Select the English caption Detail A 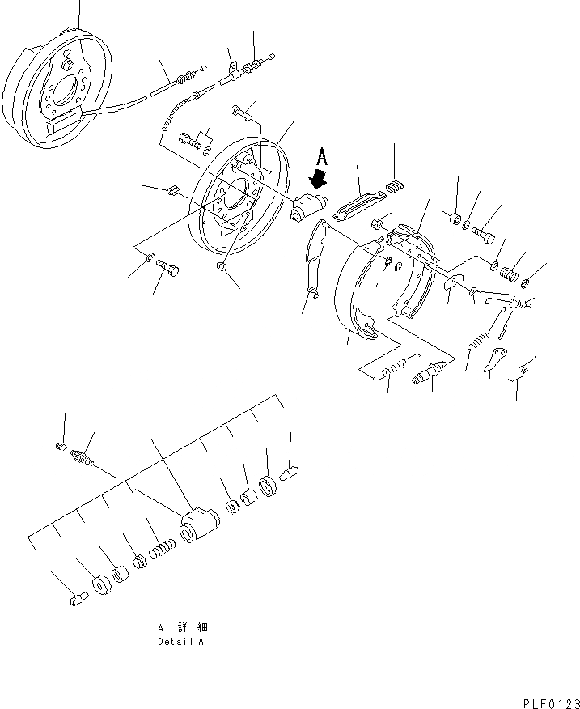coord(180,641)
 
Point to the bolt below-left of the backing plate coord(168,268)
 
